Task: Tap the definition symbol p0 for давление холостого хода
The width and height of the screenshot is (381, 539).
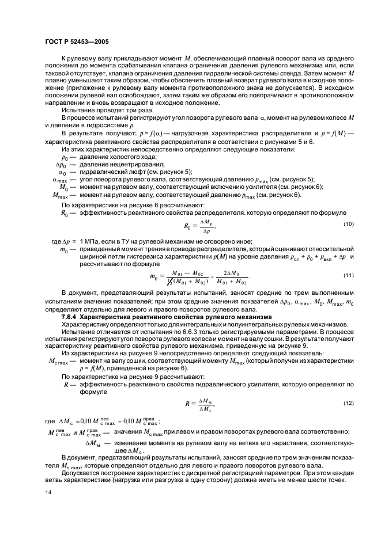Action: point(65,157)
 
